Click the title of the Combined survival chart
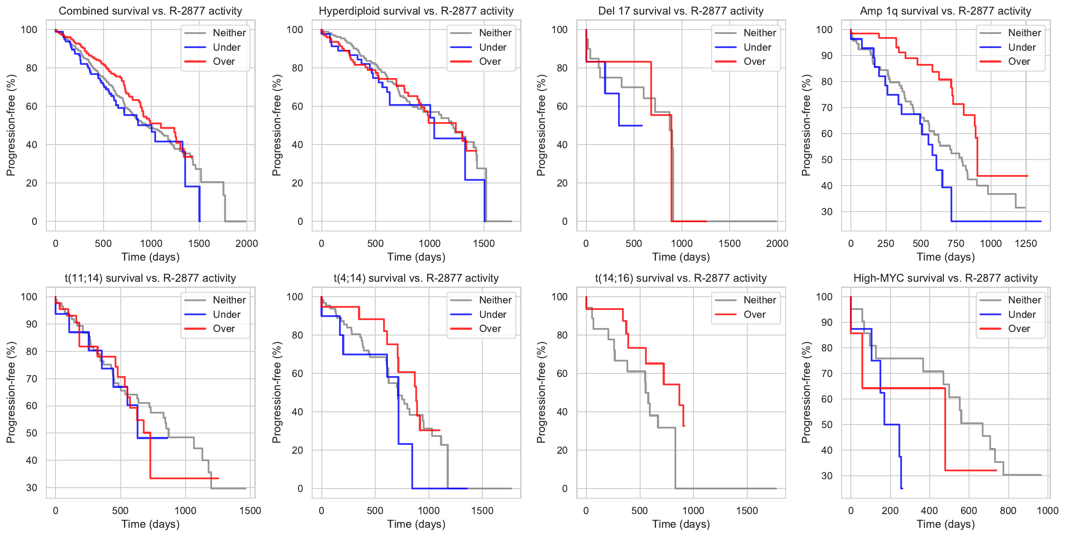[x=150, y=11]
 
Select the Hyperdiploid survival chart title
[x=416, y=11]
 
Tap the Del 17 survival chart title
[x=681, y=11]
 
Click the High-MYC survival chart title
[x=946, y=278]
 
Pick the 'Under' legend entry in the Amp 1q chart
[x=1021, y=47]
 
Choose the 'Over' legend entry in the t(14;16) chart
[x=754, y=314]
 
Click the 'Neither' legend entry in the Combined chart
[x=229, y=33]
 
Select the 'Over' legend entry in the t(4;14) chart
[x=490, y=328]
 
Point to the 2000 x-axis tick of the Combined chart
[x=246, y=243]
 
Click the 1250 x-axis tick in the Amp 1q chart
[x=1026, y=243]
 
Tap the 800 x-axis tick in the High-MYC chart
[x=1008, y=511]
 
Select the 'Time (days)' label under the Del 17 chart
[x=681, y=257]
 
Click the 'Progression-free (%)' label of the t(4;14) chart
[x=276, y=392]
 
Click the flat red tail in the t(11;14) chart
[x=185, y=478]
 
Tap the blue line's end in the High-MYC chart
[x=902, y=488]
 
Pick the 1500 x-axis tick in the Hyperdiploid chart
[x=484, y=243]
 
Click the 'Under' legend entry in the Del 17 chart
[x=757, y=47]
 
